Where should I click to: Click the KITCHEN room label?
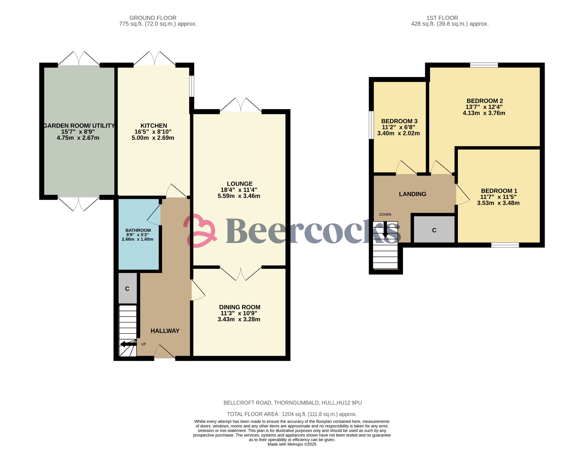[154, 126]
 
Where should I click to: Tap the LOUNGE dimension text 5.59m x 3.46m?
[239, 196]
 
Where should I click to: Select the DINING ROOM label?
[240, 307]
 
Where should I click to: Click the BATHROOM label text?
[138, 230]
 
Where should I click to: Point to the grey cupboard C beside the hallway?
[127, 289]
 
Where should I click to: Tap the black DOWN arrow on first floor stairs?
[385, 230]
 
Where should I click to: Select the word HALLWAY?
[165, 331]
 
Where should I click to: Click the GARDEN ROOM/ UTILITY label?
[79, 126]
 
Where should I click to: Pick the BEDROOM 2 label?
[484, 101]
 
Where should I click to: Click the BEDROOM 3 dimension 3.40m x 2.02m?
[398, 133]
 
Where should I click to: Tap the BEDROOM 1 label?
[499, 191]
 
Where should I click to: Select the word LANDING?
[412, 194]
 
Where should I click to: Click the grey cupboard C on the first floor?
[434, 230]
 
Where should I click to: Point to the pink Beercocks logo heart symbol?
[200, 231]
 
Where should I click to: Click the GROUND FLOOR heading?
[153, 18]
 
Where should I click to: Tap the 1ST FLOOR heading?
[442, 18]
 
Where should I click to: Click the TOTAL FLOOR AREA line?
[292, 414]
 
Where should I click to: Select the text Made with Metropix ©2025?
[292, 444]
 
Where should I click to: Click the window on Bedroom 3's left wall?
[371, 125]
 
